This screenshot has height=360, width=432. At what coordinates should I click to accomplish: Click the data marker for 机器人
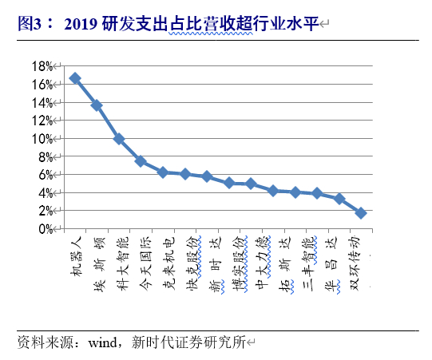(74, 78)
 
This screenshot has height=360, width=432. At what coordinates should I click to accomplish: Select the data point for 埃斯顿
(97, 105)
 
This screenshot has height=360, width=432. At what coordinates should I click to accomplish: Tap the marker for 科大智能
(119, 139)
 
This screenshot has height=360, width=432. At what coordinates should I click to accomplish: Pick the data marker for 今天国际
(141, 161)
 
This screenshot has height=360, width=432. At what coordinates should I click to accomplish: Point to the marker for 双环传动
(361, 213)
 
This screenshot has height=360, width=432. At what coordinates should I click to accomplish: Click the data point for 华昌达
(339, 199)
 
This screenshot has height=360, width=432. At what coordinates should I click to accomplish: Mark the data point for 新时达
(207, 176)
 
